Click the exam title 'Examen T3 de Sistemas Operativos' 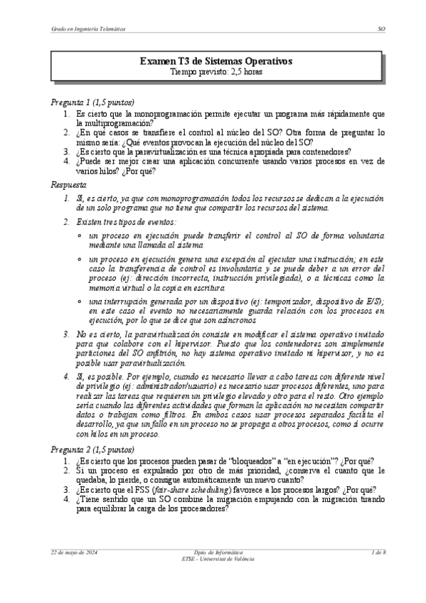click(215, 62)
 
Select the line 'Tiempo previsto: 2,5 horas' click(215, 72)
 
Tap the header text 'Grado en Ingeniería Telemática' click(87, 29)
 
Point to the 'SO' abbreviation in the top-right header click(381, 29)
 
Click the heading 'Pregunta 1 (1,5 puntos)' click(92, 102)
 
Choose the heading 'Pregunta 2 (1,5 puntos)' click(92, 449)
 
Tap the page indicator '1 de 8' click(378, 552)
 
